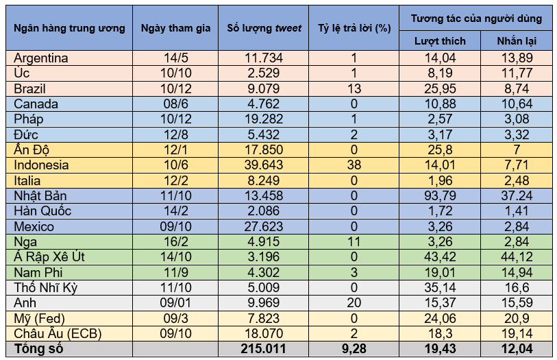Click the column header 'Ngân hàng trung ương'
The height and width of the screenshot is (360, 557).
(69, 28)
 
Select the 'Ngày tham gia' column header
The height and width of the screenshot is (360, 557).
(176, 28)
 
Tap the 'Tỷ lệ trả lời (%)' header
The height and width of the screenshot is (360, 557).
(354, 28)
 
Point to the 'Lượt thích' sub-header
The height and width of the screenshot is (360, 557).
(440, 41)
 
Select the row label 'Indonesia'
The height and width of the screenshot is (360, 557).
(41, 165)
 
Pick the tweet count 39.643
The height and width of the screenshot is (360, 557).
(263, 165)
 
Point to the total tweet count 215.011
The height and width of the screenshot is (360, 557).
(263, 349)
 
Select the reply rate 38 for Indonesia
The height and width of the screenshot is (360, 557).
(354, 165)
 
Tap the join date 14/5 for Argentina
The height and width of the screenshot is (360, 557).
(176, 58)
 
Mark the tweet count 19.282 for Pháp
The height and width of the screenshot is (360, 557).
(263, 119)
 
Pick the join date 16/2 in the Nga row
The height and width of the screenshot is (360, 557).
(176, 241)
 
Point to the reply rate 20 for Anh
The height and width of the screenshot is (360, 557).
(354, 302)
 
